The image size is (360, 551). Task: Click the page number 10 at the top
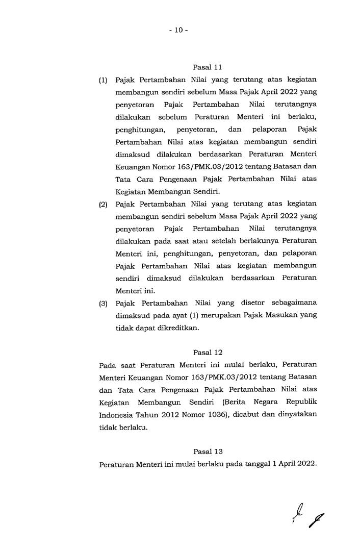pos(179,30)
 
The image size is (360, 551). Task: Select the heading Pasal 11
pos(208,67)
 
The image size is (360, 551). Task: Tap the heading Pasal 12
pos(208,352)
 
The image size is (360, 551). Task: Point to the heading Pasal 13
pos(208,451)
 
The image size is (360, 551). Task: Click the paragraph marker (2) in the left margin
pos(104,205)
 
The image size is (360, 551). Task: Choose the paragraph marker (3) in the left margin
pos(104,303)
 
